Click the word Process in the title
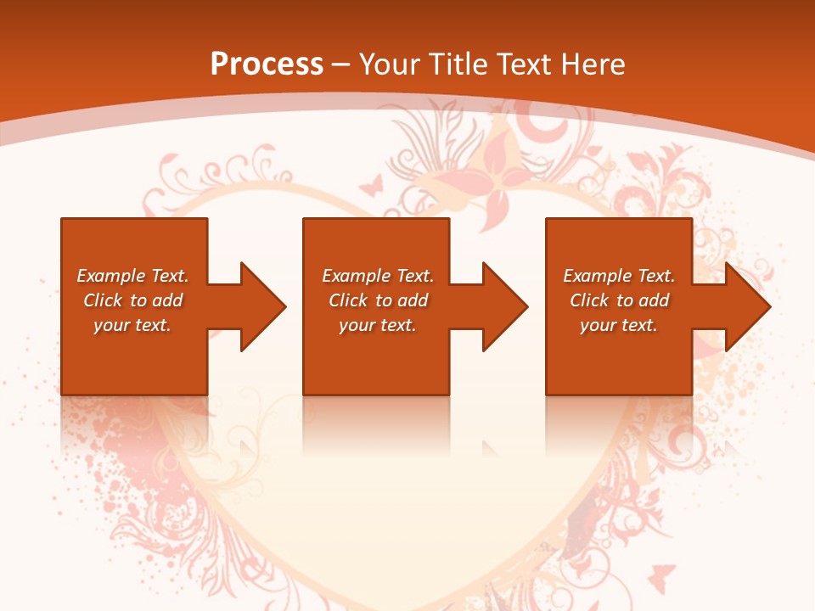(267, 64)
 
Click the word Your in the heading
(391, 64)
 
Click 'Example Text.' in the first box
(132, 276)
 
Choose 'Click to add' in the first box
(132, 300)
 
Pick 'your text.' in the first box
(132, 325)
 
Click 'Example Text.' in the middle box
(378, 276)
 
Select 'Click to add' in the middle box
(378, 300)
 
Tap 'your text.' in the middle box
(378, 325)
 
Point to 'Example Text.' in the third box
(619, 276)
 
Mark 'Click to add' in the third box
(619, 300)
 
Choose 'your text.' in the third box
(619, 325)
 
